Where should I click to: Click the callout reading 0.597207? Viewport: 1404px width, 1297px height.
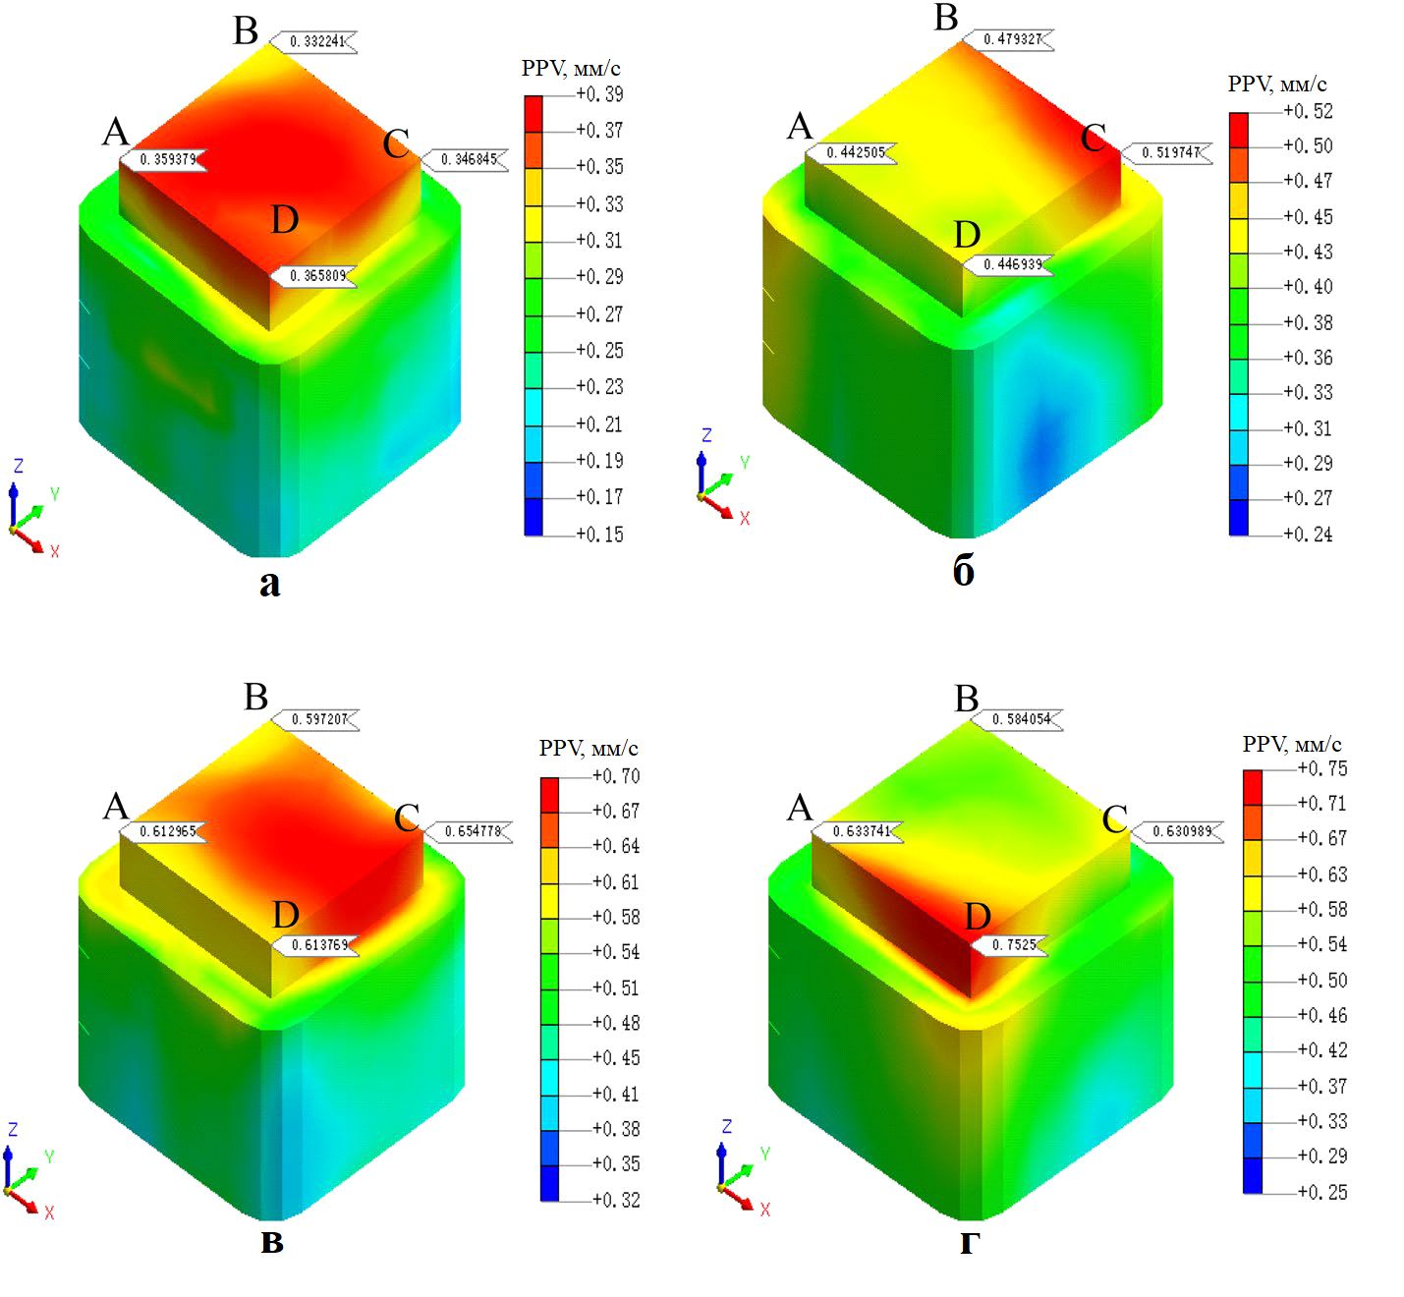pos(319,719)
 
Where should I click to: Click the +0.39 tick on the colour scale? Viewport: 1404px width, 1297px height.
pos(598,94)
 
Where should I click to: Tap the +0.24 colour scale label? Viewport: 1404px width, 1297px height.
pos(1308,534)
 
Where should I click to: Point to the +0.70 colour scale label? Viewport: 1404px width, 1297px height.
pos(615,776)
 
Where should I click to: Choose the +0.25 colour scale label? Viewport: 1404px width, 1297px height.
pos(1321,1192)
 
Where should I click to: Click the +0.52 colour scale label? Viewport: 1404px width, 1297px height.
pos(1308,111)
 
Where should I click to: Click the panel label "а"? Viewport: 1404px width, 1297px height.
pos(269,584)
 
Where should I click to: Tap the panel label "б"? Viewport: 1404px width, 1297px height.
pos(964,571)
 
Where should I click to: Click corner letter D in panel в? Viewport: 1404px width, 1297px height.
pos(285,915)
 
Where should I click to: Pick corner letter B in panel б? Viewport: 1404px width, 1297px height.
pos(945,19)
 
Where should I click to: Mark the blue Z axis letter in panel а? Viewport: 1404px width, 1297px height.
pos(18,467)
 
